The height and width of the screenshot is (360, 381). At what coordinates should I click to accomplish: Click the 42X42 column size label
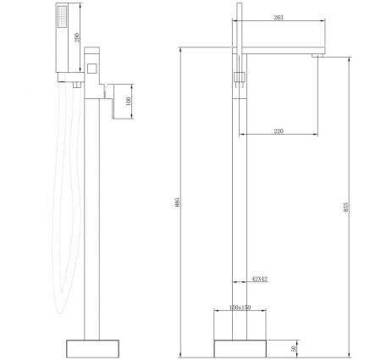pos(259,279)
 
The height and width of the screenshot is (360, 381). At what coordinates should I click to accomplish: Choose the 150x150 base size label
pos(239,307)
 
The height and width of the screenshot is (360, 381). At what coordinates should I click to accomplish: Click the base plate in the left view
pos(93,348)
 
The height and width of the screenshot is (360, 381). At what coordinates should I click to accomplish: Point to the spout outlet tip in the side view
pos(317,55)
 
